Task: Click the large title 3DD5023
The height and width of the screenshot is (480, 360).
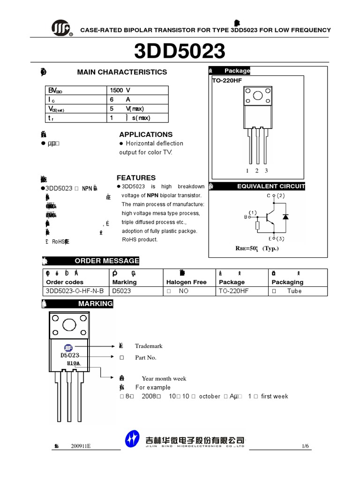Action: pyautogui.click(x=180, y=52)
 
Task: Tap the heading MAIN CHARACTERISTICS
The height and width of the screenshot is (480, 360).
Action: pyautogui.click(x=122, y=72)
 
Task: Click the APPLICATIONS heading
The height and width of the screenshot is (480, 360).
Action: pyautogui.click(x=146, y=134)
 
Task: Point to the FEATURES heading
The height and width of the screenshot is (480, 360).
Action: pyautogui.click(x=136, y=178)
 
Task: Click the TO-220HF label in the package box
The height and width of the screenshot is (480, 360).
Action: pyautogui.click(x=226, y=80)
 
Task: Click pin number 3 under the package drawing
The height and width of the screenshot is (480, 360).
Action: pyautogui.click(x=266, y=171)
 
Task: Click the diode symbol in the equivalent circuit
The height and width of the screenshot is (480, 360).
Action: pyautogui.click(x=285, y=216)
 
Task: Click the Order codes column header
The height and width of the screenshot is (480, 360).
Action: pyautogui.click(x=65, y=282)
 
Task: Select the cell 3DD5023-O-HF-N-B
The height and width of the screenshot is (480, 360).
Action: pyautogui.click(x=75, y=291)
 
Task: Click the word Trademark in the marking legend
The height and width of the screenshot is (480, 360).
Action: pyautogui.click(x=149, y=346)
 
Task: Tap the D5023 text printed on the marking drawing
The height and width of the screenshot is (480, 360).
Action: pyautogui.click(x=70, y=355)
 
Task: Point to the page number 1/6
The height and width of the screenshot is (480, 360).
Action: pyautogui.click(x=305, y=446)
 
